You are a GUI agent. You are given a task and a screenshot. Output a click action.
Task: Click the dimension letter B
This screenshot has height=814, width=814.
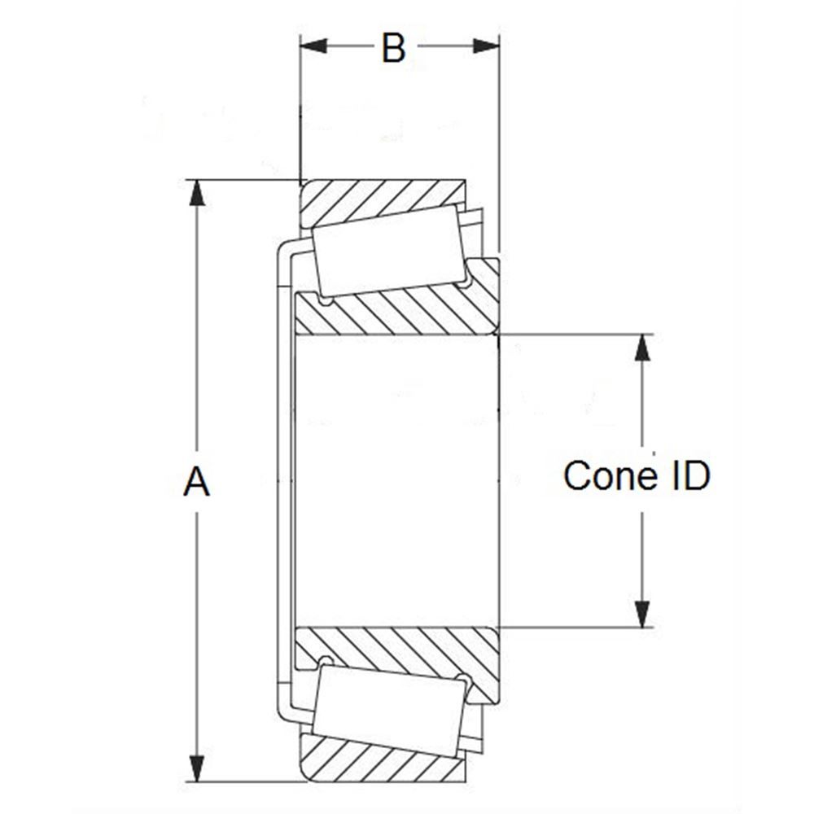(x=393, y=48)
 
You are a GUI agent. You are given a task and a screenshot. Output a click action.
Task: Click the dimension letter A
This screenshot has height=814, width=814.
(x=196, y=482)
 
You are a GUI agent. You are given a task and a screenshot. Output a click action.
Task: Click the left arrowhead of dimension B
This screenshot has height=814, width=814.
(x=313, y=46)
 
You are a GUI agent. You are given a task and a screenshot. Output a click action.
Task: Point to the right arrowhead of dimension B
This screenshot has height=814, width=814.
(x=486, y=46)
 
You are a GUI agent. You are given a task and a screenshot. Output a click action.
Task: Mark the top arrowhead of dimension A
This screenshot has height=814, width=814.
(x=196, y=193)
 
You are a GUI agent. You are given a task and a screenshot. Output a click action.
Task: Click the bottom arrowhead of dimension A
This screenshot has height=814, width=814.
(x=196, y=768)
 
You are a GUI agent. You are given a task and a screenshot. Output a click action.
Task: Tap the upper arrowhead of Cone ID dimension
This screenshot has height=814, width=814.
(x=643, y=348)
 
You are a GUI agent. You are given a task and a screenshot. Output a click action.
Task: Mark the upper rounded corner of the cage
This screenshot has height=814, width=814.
(x=282, y=251)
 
